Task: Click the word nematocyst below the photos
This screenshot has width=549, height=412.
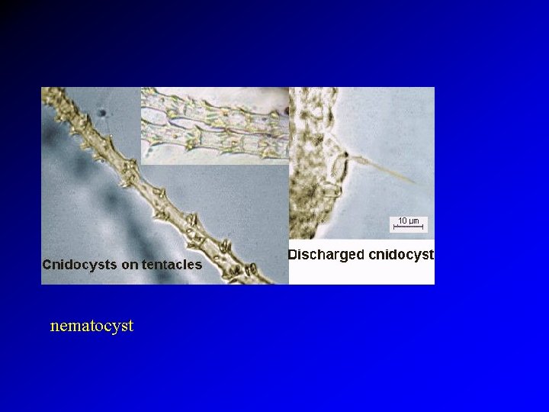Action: (91, 326)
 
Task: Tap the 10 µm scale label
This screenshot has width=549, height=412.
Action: (409, 221)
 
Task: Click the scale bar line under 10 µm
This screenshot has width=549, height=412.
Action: (409, 227)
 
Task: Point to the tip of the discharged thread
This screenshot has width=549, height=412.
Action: (416, 183)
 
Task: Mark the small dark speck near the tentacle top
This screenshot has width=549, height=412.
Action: (101, 115)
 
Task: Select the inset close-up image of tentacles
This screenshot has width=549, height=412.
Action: (215, 125)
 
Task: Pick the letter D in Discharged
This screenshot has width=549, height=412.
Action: (293, 255)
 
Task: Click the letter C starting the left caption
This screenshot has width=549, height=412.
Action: (47, 266)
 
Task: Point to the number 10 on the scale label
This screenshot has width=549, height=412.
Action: (403, 221)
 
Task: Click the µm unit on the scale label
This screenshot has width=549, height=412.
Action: (414, 221)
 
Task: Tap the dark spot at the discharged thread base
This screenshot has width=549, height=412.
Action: (345, 156)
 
